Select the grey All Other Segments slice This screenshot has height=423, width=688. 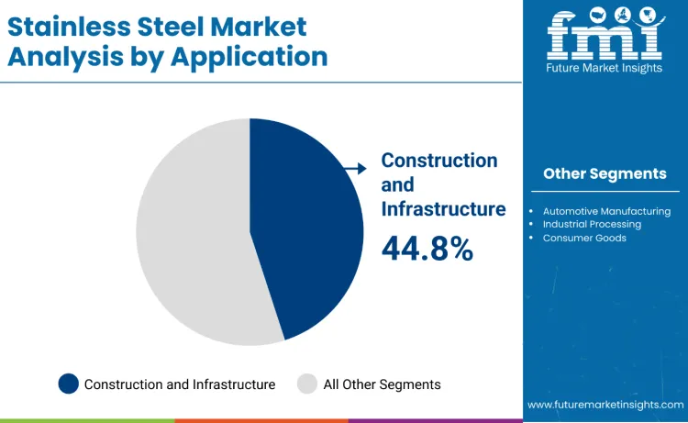click(188, 234)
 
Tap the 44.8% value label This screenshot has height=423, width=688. click(427, 248)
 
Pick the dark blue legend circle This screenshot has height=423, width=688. click(69, 384)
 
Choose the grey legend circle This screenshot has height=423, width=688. click(308, 384)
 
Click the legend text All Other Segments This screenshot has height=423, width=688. click(382, 384)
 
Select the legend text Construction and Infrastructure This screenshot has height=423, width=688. click(179, 384)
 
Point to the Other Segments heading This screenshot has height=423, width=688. click(605, 173)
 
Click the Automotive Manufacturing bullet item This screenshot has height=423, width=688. click(606, 211)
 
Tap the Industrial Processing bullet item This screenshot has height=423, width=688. click(592, 224)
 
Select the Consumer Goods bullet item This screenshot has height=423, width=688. click(584, 238)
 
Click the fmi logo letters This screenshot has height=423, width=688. click(605, 36)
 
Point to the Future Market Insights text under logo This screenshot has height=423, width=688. click(605, 67)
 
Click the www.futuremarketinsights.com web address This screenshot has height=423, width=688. click(605, 405)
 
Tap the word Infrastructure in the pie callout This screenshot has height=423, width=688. click(443, 208)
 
